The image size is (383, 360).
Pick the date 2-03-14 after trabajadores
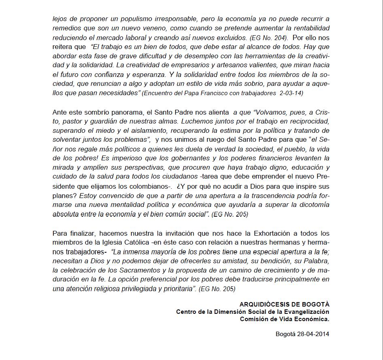[x=289, y=93]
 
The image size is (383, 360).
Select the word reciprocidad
[x=304, y=121]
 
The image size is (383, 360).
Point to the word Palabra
[x=314, y=261]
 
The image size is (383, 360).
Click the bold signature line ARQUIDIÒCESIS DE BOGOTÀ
[x=284, y=304]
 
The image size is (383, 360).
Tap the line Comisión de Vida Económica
[x=285, y=319]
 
